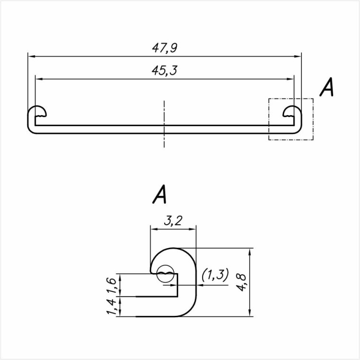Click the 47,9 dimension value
click(x=165, y=48)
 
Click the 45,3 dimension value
click(x=164, y=71)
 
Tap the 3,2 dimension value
click(x=173, y=221)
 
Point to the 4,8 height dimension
click(x=242, y=282)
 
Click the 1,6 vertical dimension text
click(x=111, y=286)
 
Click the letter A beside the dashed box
click(x=326, y=87)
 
